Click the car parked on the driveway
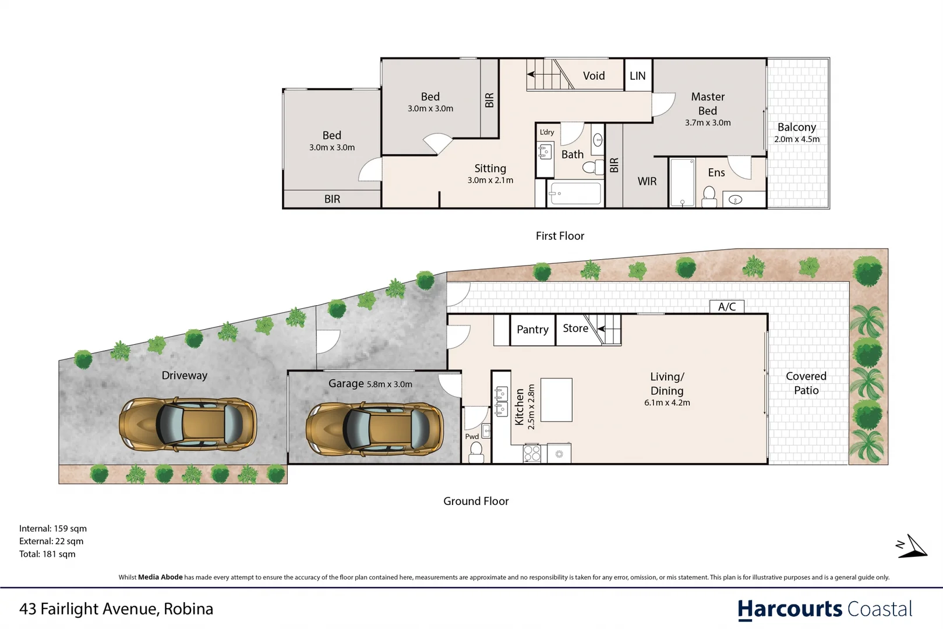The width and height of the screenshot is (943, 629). pos(188,424)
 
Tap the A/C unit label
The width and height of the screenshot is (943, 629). pos(726,306)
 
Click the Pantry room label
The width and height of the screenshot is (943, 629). pos(532,330)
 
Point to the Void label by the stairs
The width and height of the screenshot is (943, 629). pos(594,76)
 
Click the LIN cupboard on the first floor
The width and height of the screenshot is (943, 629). pos(638,76)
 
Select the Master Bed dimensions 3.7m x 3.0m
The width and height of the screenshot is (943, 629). pos(707,123)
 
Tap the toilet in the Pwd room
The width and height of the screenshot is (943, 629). pos(476,451)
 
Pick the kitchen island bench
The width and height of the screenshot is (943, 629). pos(556,400)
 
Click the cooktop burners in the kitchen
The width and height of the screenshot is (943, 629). pos(532,453)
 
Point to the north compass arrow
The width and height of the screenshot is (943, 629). pos(912,547)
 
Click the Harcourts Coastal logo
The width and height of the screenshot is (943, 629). pos(824,609)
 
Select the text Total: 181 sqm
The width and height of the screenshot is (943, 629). pos(47,554)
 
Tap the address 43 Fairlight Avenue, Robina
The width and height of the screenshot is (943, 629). pos(116,609)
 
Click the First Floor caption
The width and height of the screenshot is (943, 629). pos(560,236)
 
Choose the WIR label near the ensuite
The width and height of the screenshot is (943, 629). pos(647,181)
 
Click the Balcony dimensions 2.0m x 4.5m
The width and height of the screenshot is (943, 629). pos(796,139)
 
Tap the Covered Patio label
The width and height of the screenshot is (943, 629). pos(806,383)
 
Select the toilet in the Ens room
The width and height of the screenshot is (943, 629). pos(709,196)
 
